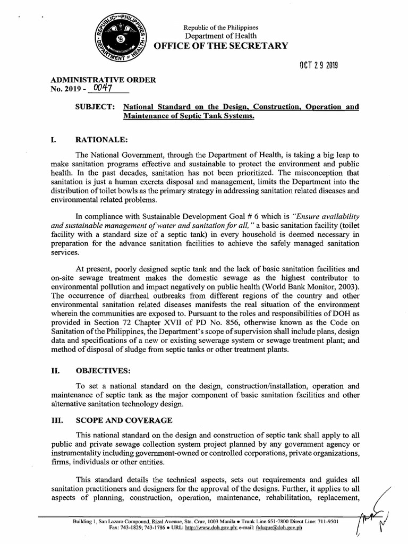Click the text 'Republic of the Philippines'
pyautogui.click(x=220, y=27)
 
